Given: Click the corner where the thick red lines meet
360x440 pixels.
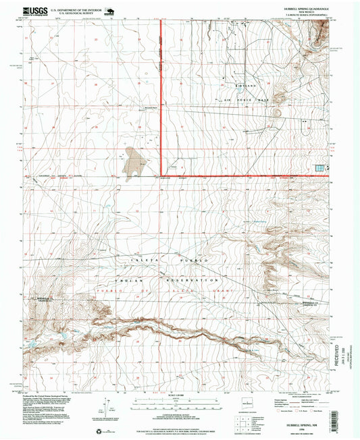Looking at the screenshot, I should [x=160, y=177].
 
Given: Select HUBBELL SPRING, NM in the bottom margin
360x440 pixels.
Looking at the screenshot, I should [x=301, y=417].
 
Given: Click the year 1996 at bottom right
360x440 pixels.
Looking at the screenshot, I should [x=301, y=422].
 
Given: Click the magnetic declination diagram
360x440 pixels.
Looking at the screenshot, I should [x=104, y=409].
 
